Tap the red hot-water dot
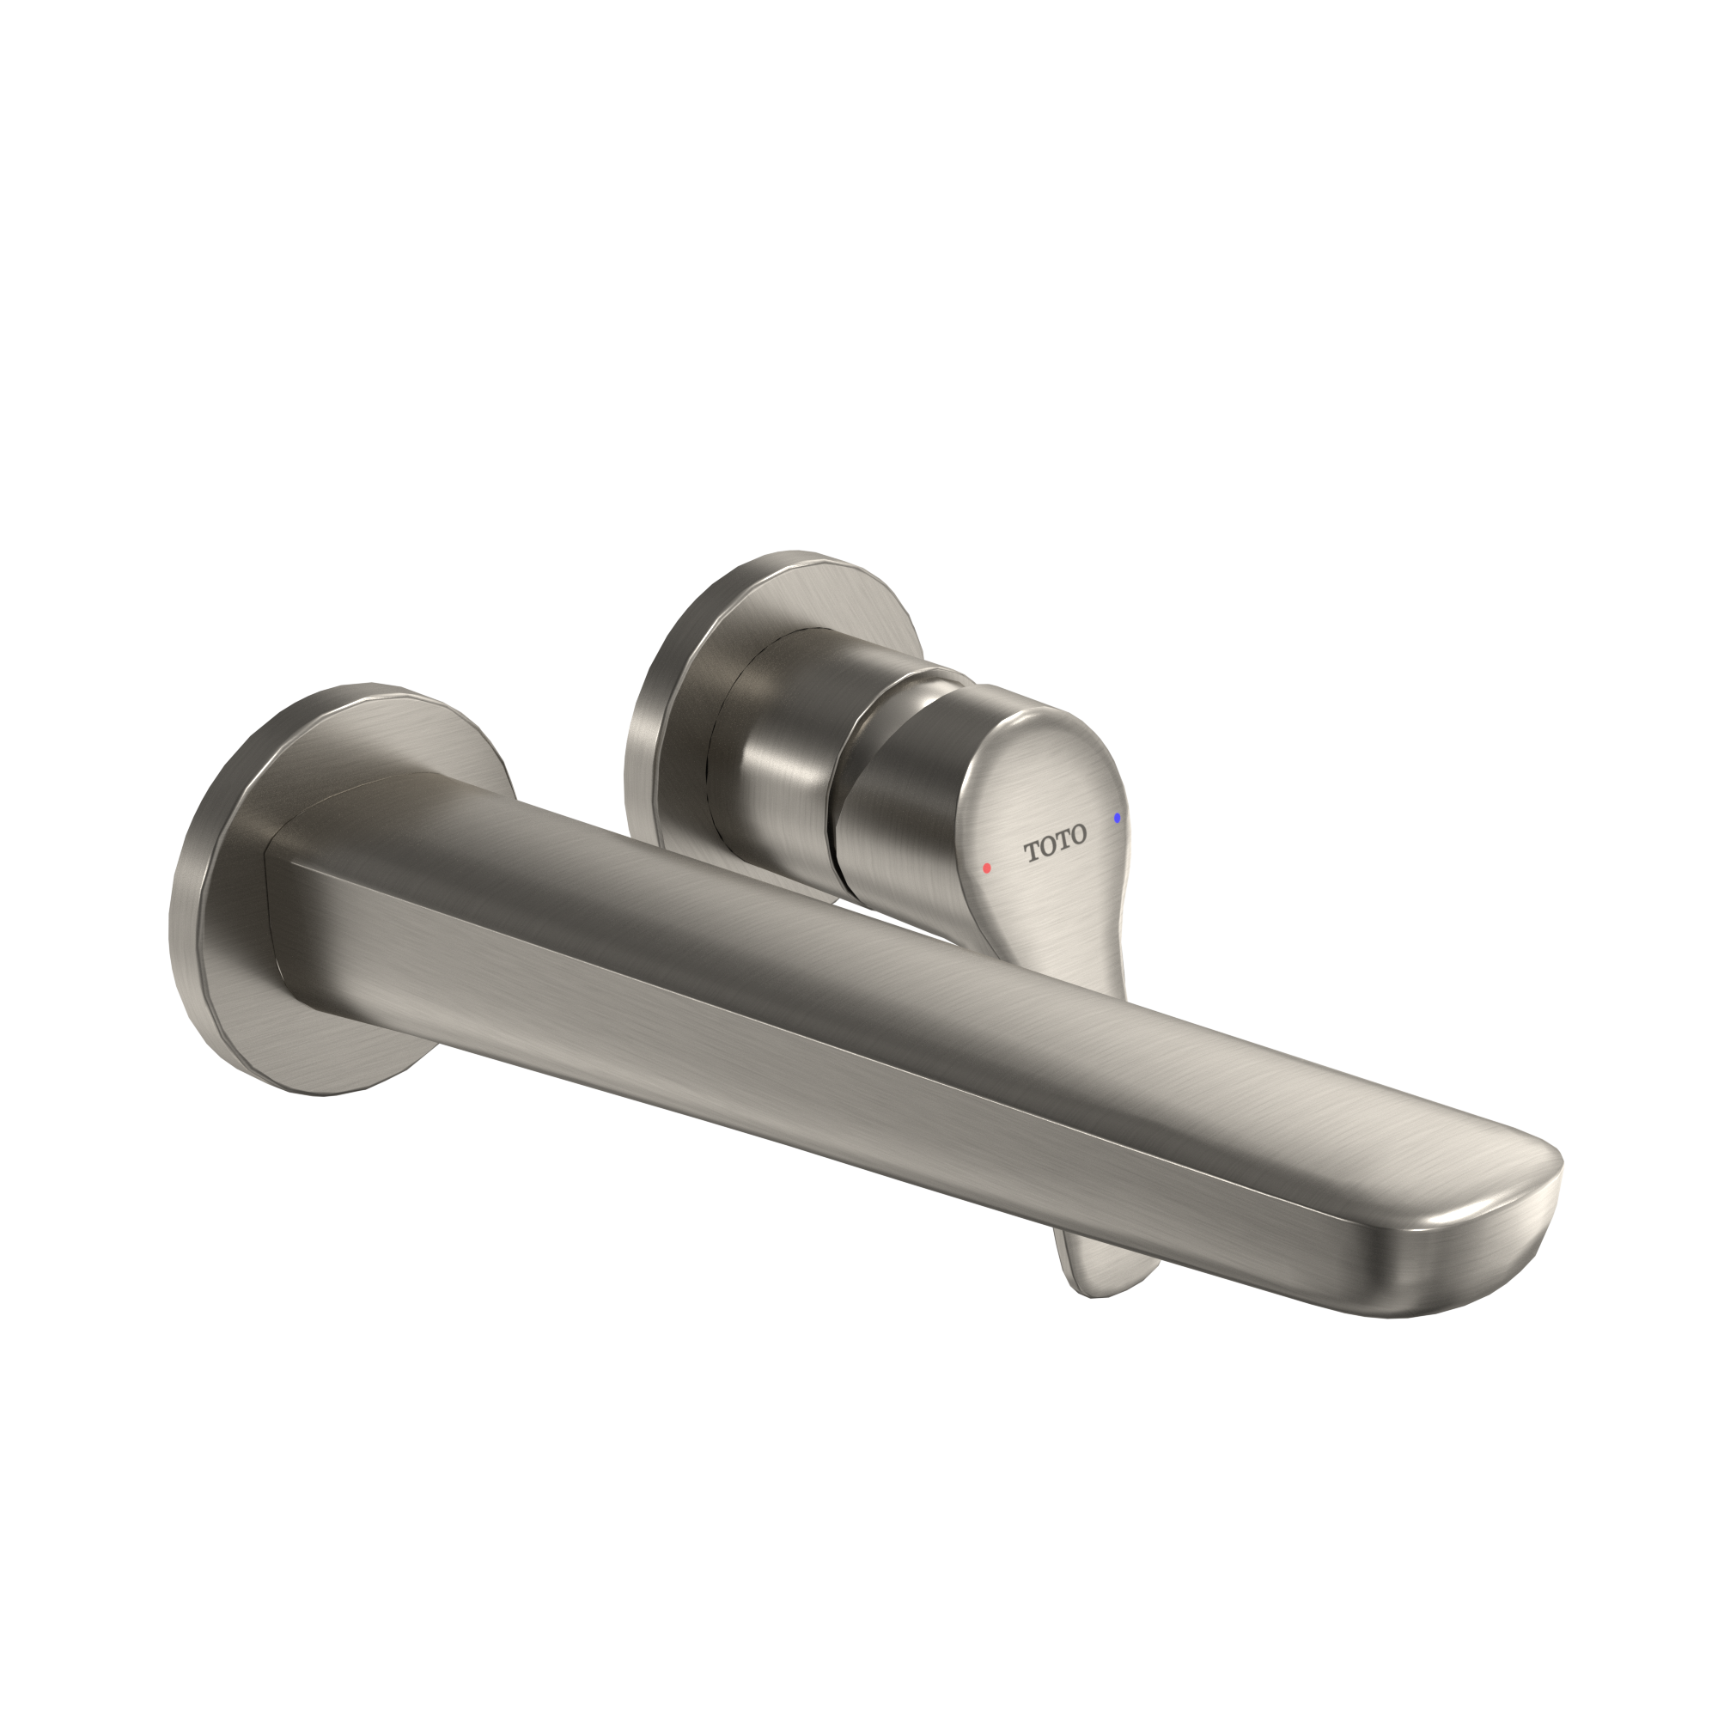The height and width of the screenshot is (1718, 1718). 987,867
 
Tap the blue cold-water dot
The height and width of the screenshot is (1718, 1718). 1117,817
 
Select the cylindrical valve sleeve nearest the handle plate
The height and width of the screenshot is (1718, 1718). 765,756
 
